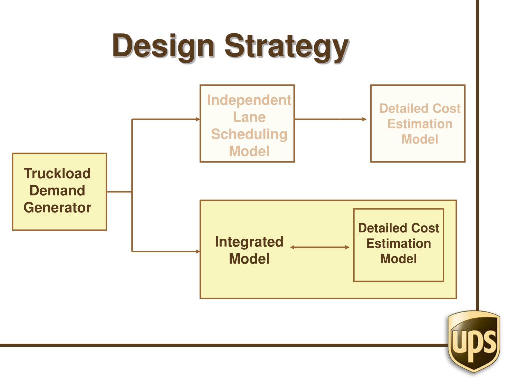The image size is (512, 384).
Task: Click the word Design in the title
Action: (x=164, y=47)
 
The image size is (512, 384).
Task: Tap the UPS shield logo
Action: (x=474, y=341)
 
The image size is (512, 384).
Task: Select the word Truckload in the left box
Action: (x=57, y=174)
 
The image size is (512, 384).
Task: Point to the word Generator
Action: (x=57, y=208)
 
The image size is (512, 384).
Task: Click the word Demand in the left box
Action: (x=57, y=191)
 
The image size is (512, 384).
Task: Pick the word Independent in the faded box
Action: (x=249, y=100)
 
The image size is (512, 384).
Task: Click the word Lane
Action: (x=249, y=117)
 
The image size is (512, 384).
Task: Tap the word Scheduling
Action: (x=249, y=134)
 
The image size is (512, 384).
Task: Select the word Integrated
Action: (x=249, y=242)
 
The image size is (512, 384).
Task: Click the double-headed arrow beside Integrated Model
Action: (x=320, y=247)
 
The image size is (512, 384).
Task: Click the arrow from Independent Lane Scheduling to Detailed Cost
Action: (x=330, y=119)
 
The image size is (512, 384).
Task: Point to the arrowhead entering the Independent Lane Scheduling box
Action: (x=197, y=119)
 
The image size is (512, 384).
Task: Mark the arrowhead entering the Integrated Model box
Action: (x=197, y=251)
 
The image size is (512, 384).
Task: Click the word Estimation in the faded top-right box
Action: (x=420, y=124)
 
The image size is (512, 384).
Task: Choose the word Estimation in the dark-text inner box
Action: (x=398, y=244)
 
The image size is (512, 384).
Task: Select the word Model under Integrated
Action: (x=249, y=259)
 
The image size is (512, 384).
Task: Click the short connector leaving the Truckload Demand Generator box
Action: (x=119, y=191)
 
